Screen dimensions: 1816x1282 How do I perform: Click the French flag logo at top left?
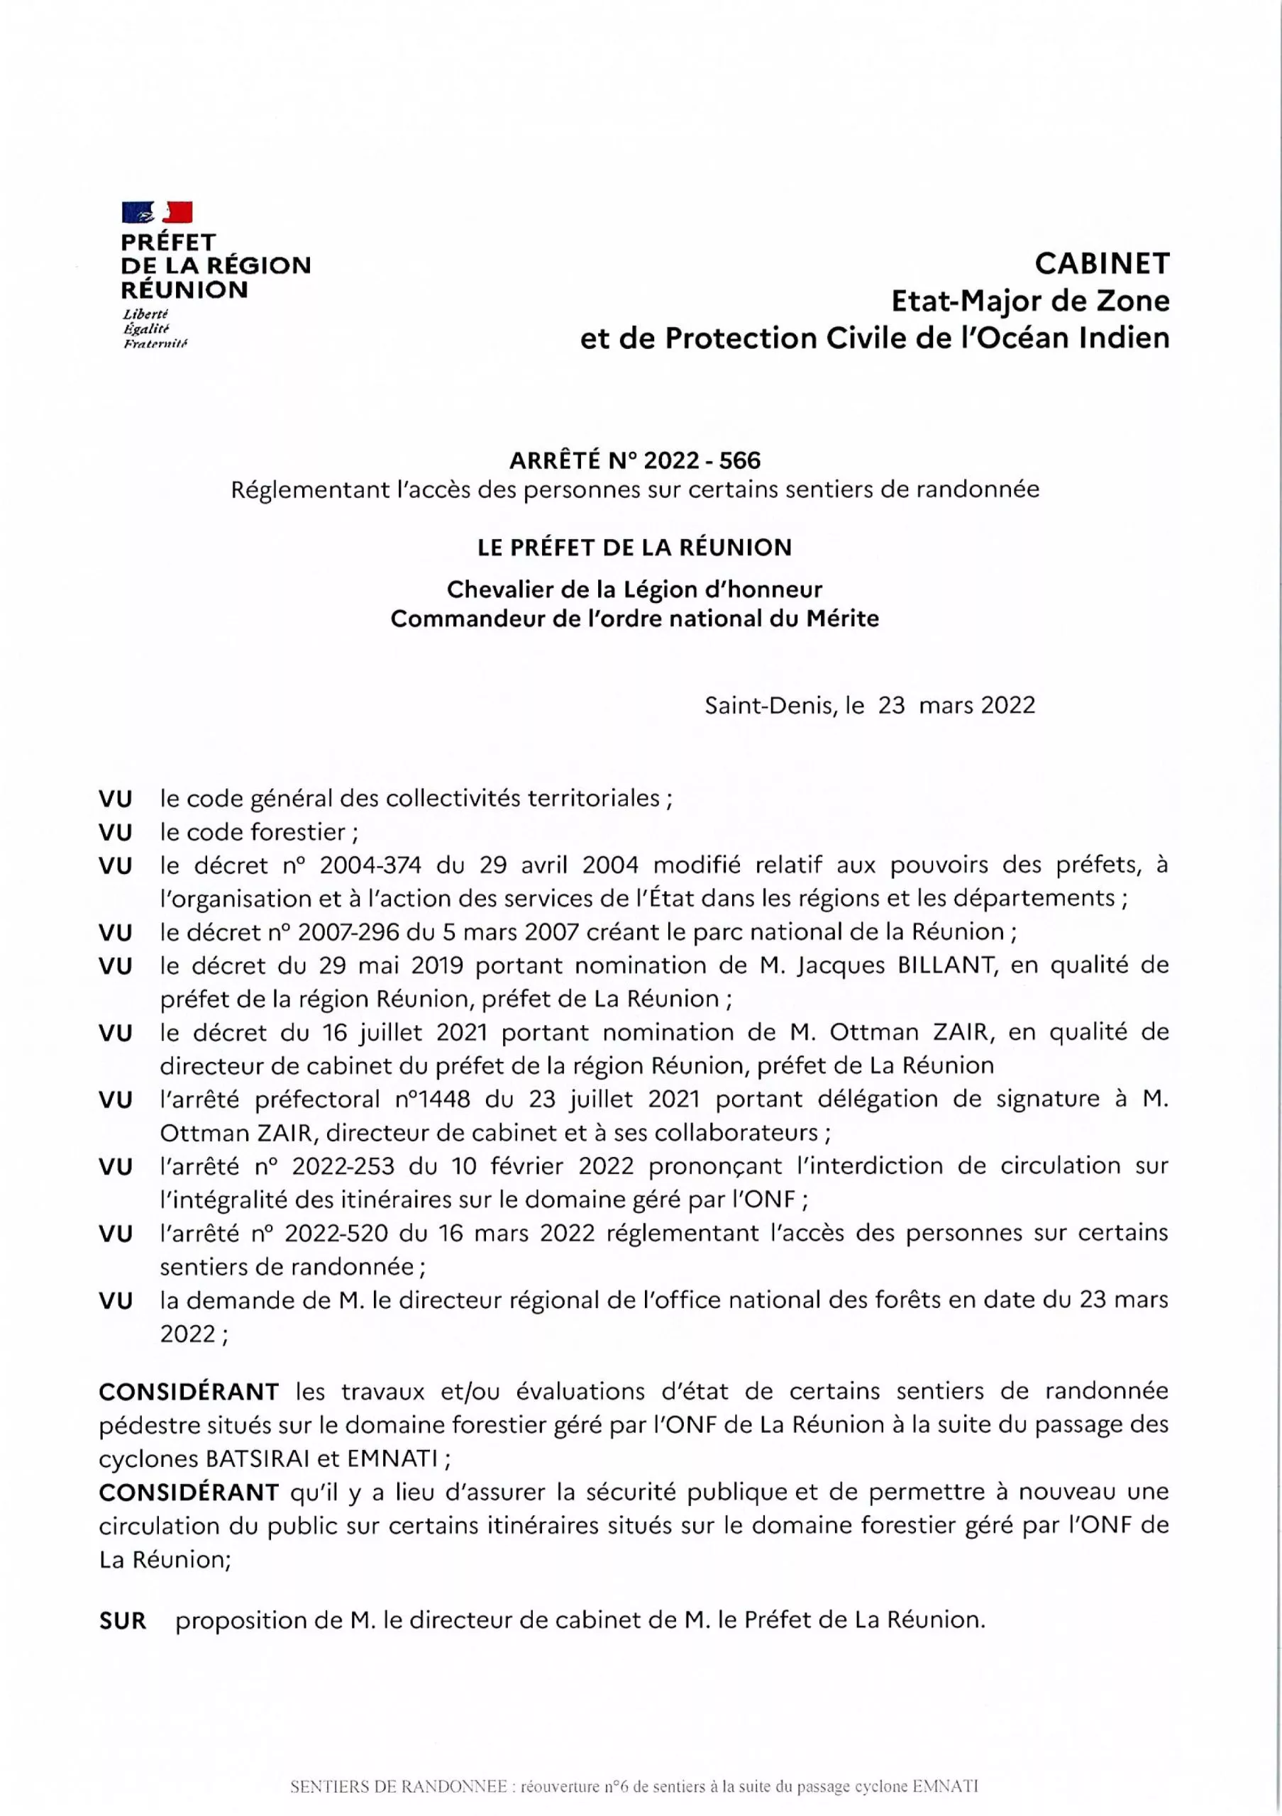[158, 212]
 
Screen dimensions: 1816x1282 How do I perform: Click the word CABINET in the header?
[1102, 264]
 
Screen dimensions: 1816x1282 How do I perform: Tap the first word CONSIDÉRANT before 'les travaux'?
[189, 1391]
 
